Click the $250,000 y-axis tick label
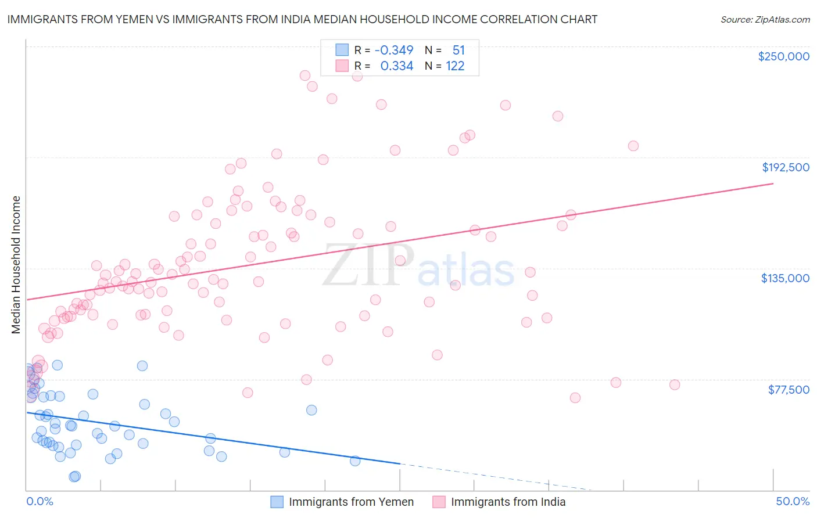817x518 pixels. pos(783,56)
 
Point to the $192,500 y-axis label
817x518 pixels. pos(786,167)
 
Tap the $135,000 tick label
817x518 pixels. pos(785,278)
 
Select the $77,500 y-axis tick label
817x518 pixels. pos(789,390)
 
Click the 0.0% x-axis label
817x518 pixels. pos(40,501)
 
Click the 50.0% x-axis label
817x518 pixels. pos(793,501)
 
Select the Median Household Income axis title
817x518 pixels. pos(16,265)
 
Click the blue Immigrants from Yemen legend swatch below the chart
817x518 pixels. pos(277,502)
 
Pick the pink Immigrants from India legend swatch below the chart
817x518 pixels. pos(439,502)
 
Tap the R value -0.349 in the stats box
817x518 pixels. pos(393,51)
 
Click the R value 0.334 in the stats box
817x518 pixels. pos(396,66)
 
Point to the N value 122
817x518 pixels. pos(455,66)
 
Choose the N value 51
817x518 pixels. pos(458,51)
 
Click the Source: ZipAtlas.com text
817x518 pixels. pos(765,20)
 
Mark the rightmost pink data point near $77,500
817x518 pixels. pos(675,384)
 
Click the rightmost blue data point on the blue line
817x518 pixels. pos(355,461)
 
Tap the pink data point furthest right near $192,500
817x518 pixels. pos(633,146)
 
